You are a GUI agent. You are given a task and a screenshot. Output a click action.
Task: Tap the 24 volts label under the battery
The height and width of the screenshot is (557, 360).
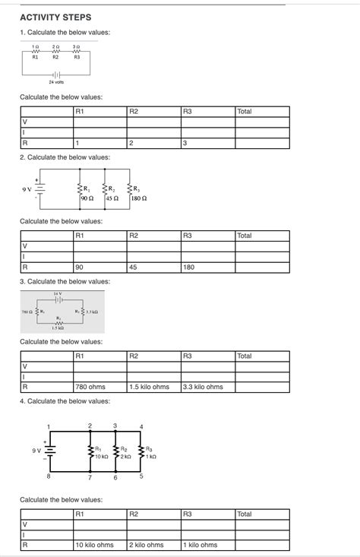click(x=56, y=81)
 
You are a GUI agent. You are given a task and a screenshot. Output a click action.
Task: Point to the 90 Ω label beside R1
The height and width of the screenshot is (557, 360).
click(x=86, y=198)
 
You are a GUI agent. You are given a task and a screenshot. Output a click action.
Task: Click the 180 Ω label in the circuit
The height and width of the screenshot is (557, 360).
click(x=138, y=198)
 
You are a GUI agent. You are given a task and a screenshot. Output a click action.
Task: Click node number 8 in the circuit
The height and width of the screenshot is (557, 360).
click(x=48, y=476)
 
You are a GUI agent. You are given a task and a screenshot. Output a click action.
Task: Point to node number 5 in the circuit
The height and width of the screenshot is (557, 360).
click(x=141, y=476)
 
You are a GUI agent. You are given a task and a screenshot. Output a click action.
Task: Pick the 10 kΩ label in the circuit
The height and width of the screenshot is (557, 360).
click(x=102, y=457)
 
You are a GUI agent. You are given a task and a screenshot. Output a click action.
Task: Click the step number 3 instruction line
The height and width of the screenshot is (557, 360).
click(x=65, y=281)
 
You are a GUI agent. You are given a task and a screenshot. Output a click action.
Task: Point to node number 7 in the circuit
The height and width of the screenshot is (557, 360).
click(x=90, y=477)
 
